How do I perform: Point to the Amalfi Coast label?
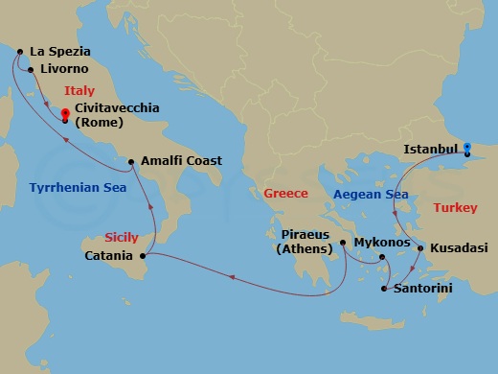181,161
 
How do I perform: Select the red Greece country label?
285,194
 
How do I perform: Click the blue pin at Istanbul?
467,149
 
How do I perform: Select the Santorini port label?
423,288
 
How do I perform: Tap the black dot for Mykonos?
381,257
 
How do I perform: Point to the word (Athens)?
306,251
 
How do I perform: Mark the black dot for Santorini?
384,288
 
